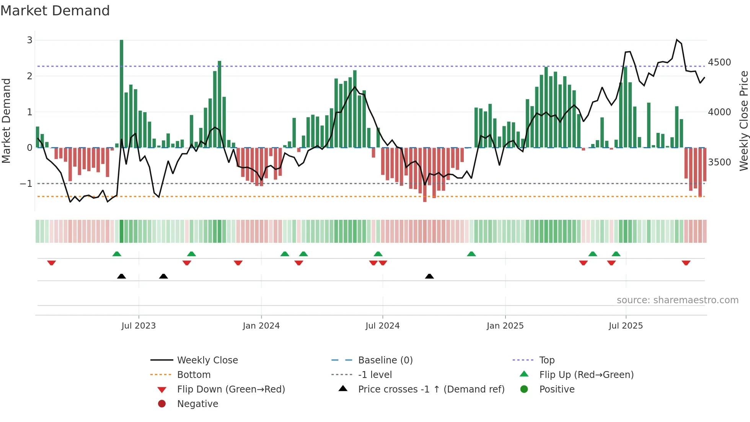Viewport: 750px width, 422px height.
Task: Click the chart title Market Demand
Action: (55, 11)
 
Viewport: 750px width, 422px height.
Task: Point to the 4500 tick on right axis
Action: (719, 62)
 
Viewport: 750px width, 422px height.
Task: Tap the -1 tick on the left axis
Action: (26, 183)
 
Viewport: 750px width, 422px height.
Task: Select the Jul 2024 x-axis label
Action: (382, 325)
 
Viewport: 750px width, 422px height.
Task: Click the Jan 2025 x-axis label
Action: (505, 325)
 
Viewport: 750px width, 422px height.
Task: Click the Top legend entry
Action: (546, 360)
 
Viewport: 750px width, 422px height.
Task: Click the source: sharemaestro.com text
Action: (677, 300)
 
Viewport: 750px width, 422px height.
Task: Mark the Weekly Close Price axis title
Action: (743, 121)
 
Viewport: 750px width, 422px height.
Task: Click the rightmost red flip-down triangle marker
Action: (686, 263)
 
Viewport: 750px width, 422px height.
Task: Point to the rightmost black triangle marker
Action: (429, 276)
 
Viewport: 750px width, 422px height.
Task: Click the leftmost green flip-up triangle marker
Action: (117, 254)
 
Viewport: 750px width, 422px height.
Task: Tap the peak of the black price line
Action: (677, 39)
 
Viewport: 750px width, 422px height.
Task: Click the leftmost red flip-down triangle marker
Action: (51, 263)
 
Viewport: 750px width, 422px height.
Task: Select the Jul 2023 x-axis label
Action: (139, 325)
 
